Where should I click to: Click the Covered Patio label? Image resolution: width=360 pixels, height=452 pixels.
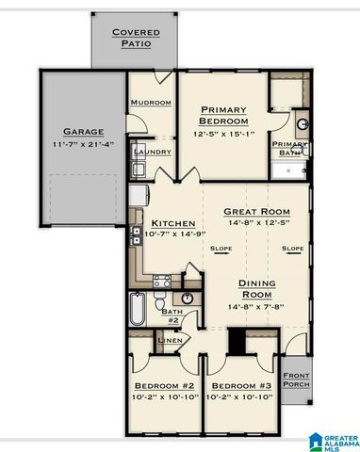(136, 37)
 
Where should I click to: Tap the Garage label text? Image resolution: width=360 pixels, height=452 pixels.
(83, 131)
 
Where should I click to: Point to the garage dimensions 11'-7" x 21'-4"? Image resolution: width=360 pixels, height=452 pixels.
(83, 144)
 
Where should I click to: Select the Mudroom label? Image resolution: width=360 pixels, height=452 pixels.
(150, 102)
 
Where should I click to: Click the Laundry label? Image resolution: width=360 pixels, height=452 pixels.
(151, 151)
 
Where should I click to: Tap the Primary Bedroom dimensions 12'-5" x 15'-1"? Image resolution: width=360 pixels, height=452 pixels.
(224, 133)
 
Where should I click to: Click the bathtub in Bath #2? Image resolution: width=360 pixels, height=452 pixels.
(137, 311)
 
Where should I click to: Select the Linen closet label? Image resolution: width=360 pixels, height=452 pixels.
(170, 341)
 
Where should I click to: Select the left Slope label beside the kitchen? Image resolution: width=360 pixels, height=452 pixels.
(221, 249)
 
